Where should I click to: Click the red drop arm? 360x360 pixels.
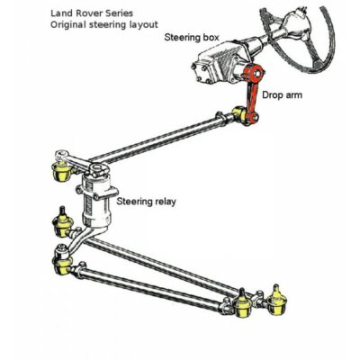click(251, 96)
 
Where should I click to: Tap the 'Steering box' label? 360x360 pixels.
click(192, 38)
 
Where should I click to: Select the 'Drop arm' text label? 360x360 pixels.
click(282, 95)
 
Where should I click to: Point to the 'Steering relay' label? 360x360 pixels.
click(146, 202)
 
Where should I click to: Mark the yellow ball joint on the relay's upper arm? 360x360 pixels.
click(61, 171)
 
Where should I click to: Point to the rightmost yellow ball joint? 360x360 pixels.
click(276, 301)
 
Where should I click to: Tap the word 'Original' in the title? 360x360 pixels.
click(68, 24)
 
